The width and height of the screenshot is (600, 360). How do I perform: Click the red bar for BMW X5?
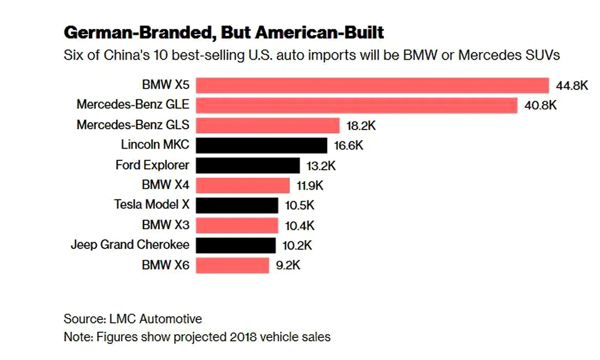click(372, 85)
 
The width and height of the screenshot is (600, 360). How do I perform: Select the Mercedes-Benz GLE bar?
click(356, 105)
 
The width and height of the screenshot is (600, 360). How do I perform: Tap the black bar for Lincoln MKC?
click(261, 146)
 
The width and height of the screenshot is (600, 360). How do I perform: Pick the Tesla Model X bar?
click(237, 205)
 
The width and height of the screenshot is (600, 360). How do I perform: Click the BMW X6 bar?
click(232, 265)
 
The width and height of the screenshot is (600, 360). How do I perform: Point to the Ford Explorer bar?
click(248, 166)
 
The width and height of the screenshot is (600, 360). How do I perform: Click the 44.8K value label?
click(571, 85)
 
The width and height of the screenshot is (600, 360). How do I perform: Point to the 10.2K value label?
click(297, 245)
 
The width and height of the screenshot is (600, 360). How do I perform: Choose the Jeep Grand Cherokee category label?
click(130, 244)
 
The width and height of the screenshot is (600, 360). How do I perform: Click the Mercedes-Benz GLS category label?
click(133, 124)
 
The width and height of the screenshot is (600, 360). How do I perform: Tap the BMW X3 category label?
click(166, 224)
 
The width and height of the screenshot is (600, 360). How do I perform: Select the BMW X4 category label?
click(166, 184)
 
